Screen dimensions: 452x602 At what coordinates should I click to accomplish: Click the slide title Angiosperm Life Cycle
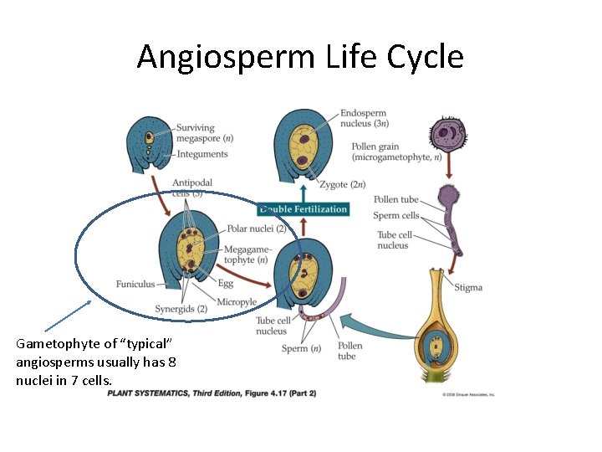[300, 57]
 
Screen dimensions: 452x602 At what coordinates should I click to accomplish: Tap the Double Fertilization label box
[303, 209]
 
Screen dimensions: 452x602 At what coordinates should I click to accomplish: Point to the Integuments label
[202, 154]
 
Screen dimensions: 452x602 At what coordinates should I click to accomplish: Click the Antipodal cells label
[192, 188]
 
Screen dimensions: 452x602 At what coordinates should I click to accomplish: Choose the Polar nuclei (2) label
[257, 229]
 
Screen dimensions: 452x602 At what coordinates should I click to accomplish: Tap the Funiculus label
[135, 284]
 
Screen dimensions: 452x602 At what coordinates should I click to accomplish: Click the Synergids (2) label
[181, 309]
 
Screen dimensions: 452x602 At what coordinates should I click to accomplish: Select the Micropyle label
[237, 301]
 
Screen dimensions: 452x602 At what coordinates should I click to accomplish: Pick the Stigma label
[468, 287]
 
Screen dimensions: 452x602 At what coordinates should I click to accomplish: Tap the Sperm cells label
[396, 216]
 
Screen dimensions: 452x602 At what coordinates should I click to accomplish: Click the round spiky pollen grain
[448, 134]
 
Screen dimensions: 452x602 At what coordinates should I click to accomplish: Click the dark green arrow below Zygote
[304, 191]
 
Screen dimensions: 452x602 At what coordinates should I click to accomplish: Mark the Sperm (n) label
[301, 348]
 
